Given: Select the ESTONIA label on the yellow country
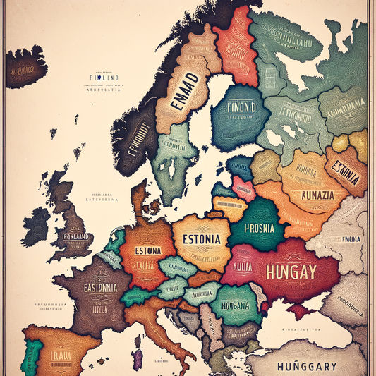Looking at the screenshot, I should (201, 238).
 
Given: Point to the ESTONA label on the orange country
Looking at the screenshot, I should (144, 250).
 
